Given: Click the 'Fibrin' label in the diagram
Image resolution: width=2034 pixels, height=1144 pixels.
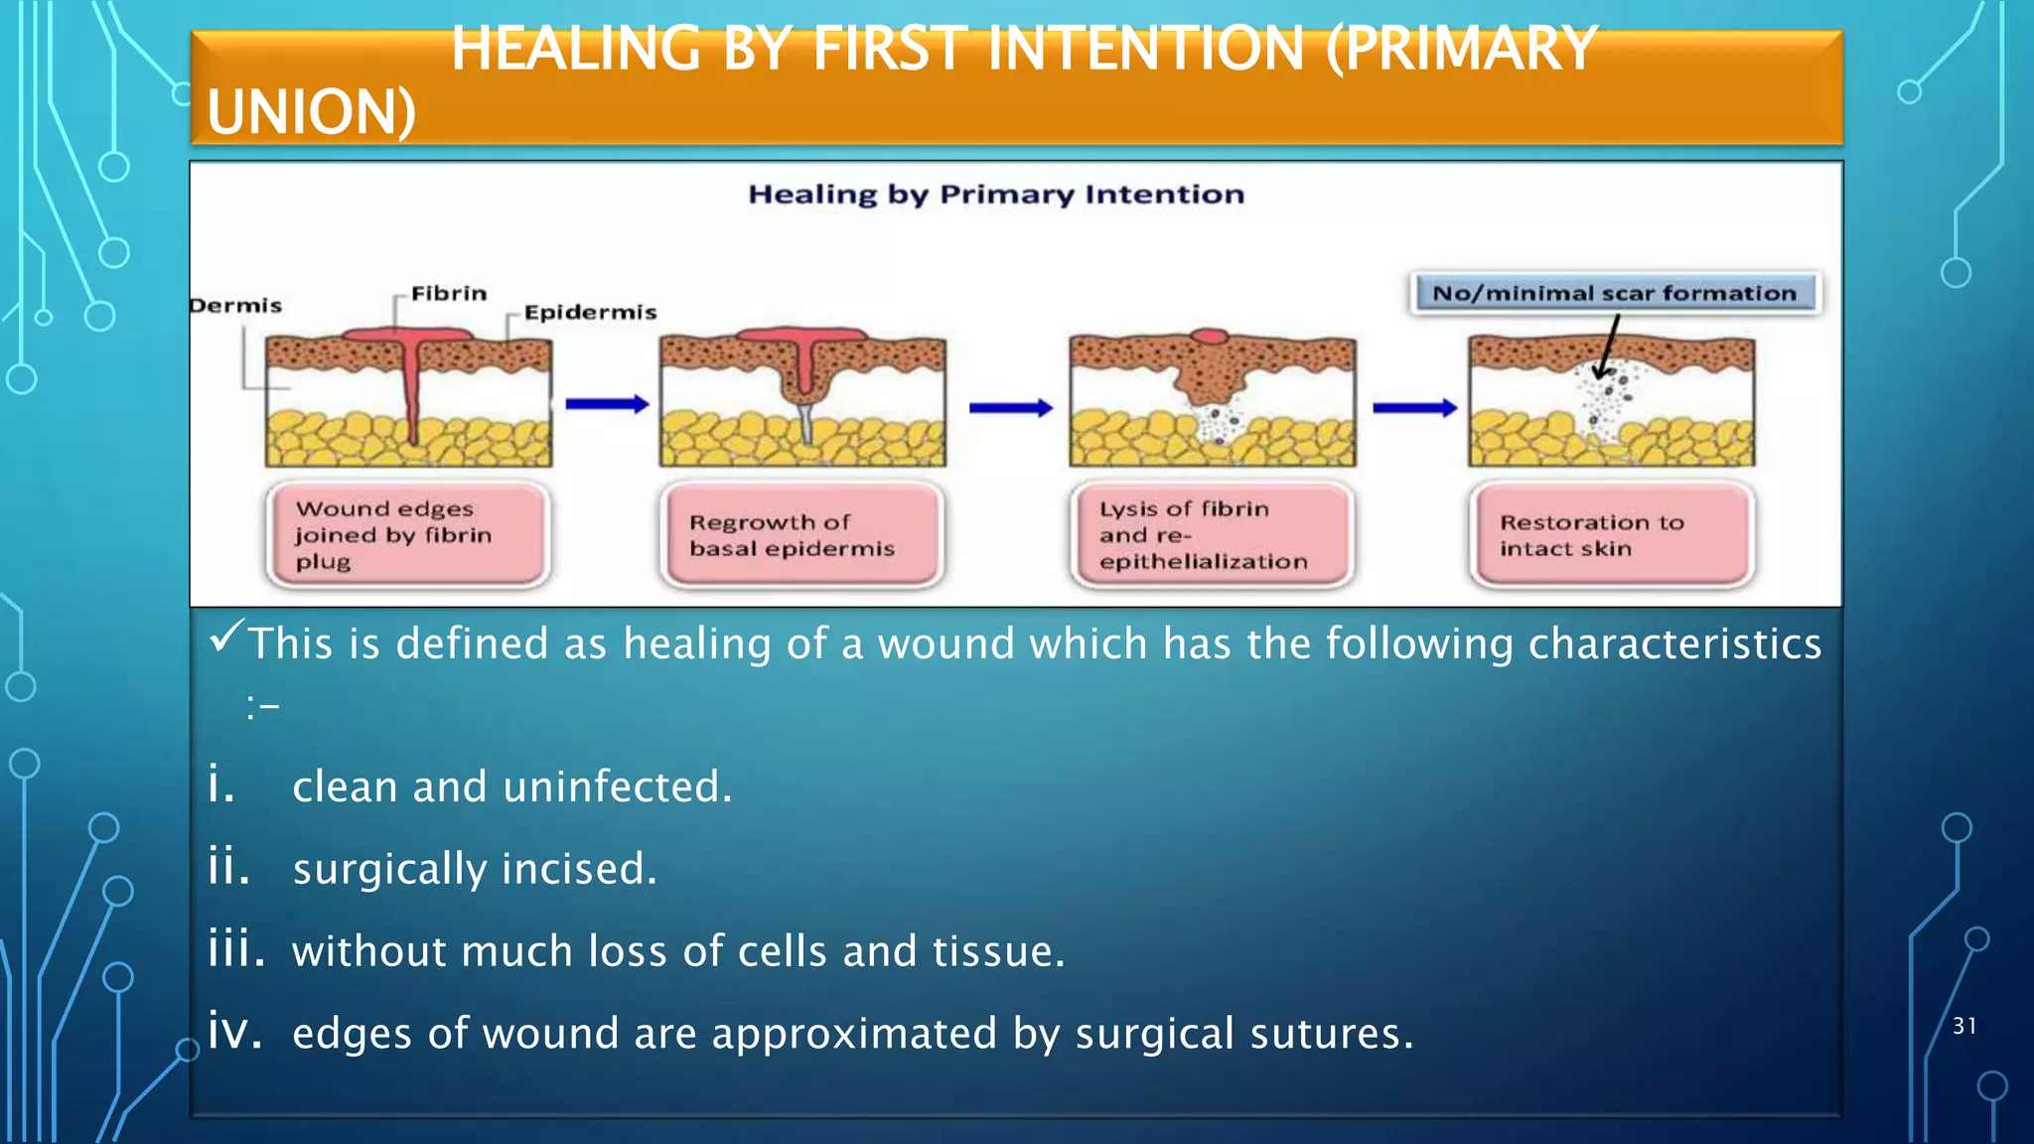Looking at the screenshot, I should point(449,294).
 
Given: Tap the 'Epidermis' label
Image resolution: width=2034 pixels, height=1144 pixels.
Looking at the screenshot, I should point(590,313).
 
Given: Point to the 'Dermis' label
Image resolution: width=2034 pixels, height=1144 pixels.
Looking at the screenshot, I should point(236,306).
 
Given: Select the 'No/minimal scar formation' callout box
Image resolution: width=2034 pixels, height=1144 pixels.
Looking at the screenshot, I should point(1614,294).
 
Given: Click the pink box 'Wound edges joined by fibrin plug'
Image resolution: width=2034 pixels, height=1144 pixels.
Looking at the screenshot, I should point(407,535).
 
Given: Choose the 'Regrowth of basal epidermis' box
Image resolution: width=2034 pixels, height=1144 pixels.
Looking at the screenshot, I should point(800,535).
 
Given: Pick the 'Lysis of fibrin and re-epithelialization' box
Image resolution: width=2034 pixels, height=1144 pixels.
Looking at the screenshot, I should point(1212,535).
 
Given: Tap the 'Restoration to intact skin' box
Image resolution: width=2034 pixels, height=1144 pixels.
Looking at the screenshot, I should point(1611,535).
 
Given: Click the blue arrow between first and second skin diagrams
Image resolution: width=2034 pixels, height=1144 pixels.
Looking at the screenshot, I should point(607,404).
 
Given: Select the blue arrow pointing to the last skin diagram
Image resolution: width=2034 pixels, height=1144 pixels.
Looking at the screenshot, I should point(1414,408).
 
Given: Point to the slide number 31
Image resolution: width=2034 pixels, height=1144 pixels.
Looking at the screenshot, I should point(1963,1027).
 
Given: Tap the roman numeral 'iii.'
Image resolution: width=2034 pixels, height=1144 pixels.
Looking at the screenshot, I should point(236,949).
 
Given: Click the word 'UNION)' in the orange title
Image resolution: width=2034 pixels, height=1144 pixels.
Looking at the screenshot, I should point(311,111).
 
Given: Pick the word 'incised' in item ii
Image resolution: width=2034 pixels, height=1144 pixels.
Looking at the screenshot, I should point(578,870).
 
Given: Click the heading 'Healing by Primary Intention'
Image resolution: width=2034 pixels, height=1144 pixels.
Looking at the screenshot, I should point(995,195).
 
